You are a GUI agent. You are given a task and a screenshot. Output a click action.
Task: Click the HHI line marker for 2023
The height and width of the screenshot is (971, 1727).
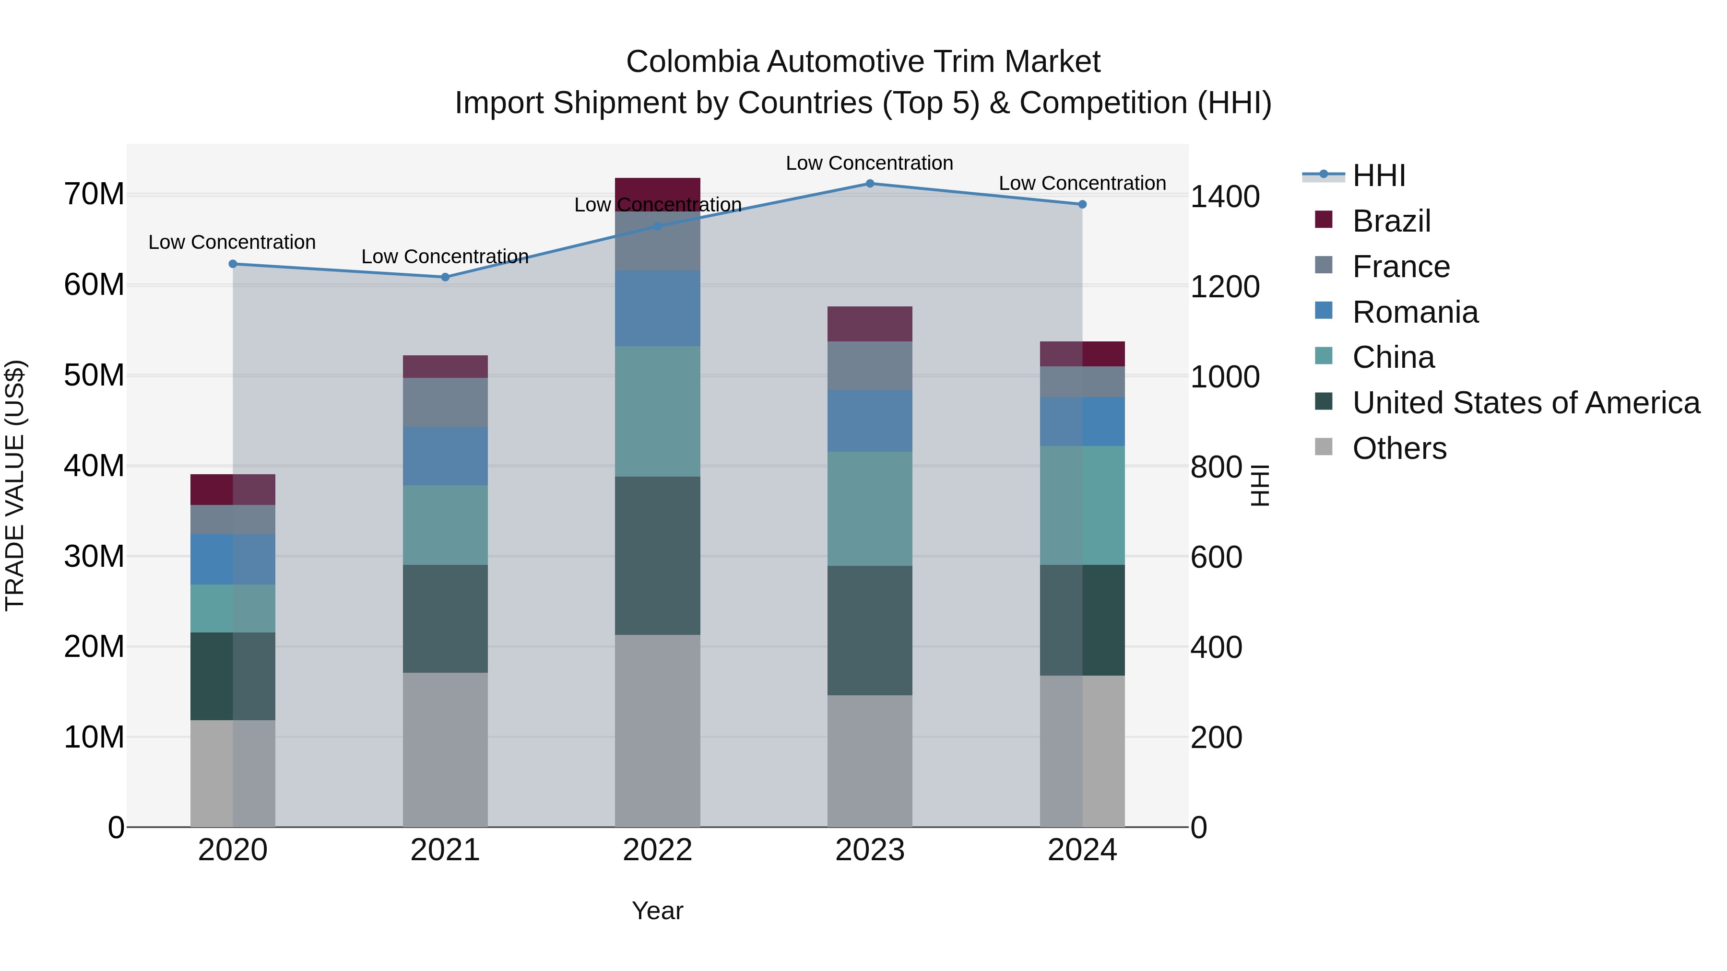(870, 183)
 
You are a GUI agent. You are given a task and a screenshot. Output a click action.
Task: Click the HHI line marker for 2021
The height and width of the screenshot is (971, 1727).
(445, 277)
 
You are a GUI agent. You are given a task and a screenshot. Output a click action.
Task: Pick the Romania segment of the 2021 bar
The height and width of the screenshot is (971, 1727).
(445, 456)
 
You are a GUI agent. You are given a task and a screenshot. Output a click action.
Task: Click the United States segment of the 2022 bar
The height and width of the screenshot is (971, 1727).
(657, 556)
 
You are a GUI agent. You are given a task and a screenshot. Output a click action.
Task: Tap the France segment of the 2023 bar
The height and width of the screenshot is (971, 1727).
(870, 365)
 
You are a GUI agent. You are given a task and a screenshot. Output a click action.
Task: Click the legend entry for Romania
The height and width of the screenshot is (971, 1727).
(1415, 312)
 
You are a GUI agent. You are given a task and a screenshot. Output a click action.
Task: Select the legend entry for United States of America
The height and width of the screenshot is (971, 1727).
(1525, 403)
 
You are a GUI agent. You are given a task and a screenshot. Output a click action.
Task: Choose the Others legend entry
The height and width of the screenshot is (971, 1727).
(1399, 448)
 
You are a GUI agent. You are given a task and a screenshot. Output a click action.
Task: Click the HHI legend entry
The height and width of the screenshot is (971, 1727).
(1378, 175)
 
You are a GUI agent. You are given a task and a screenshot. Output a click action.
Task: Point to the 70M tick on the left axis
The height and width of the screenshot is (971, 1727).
(94, 194)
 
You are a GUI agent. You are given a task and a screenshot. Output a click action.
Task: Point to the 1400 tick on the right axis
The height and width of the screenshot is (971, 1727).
(1224, 197)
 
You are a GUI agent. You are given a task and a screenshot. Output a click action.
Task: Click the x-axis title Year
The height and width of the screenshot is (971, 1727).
(657, 911)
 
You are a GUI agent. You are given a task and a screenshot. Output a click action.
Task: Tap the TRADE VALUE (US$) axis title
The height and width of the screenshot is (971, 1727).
(15, 485)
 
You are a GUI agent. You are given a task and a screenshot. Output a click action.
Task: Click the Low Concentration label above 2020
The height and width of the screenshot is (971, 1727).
(232, 242)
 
